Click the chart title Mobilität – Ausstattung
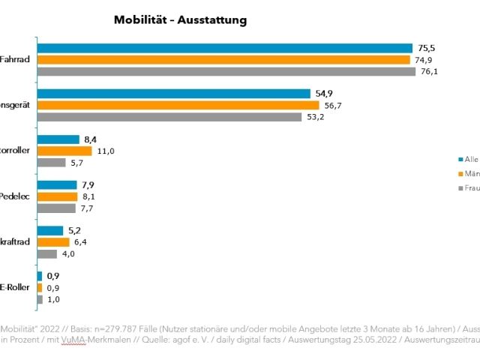point(180,19)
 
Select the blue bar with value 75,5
point(224,48)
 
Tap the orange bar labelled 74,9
point(223,60)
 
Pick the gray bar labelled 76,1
point(226,72)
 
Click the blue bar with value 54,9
point(173,94)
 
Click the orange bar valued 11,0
point(64,151)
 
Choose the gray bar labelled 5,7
point(50,163)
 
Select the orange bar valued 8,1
point(57,196)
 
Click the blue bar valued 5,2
point(49,230)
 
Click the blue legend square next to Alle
point(459,159)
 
